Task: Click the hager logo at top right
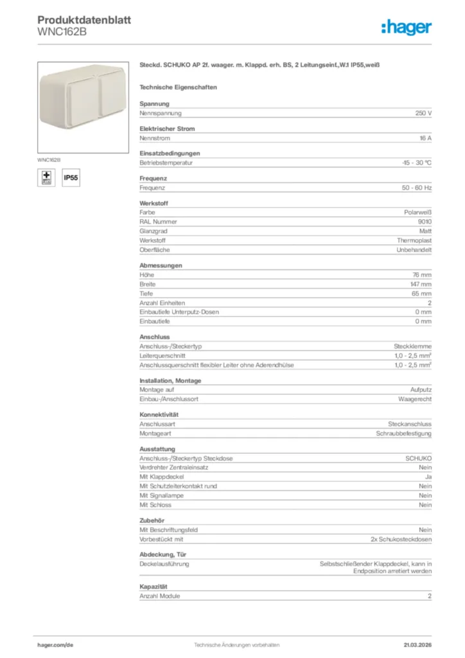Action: [x=406, y=27]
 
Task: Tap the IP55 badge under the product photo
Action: [x=71, y=177]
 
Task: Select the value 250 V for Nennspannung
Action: [x=423, y=113]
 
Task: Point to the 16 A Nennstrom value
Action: [x=425, y=138]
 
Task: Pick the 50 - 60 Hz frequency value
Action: [x=416, y=188]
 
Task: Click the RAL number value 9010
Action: [x=425, y=222]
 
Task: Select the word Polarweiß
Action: [x=417, y=212]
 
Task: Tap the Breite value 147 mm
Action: [x=421, y=284]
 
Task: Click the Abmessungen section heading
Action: [x=161, y=265]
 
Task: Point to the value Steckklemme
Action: [x=412, y=346]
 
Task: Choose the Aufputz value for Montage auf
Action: [x=421, y=389]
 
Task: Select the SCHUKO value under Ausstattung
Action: [x=418, y=458]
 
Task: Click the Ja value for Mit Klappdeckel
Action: [x=428, y=477]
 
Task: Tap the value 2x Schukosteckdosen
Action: [x=401, y=539]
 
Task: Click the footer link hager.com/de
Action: [x=55, y=645]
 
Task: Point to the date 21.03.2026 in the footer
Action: [x=417, y=645]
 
